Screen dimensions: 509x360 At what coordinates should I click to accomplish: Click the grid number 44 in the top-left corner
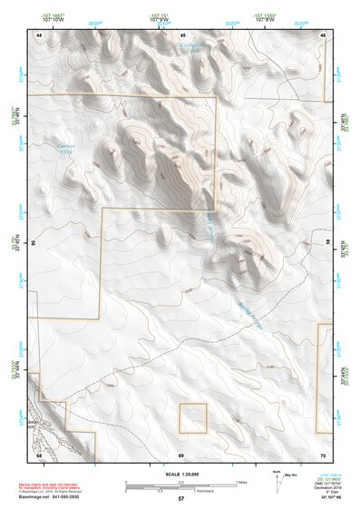pos(39,34)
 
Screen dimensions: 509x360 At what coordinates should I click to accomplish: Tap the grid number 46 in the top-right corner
pos(324,34)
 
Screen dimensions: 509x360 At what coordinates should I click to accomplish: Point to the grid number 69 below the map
pos(181,453)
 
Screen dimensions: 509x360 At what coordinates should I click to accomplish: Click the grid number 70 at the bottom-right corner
pos(323,453)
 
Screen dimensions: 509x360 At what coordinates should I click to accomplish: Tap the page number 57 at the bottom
pos(181,498)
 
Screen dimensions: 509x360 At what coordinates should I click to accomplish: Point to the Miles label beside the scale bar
pos(240,481)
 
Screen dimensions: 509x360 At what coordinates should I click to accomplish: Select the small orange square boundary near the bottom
pos(192,418)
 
